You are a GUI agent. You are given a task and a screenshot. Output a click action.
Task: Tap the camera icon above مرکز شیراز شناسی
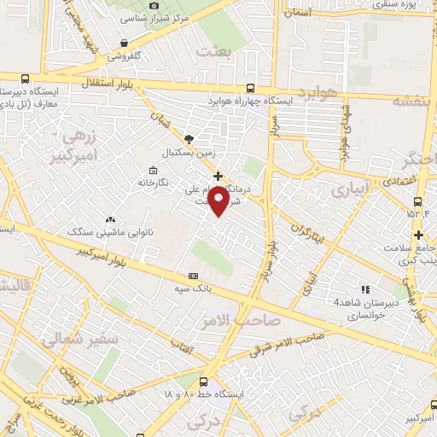pyautogui.click(x=154, y=5)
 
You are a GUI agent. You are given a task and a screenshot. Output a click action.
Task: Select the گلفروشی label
pyautogui.click(x=128, y=56)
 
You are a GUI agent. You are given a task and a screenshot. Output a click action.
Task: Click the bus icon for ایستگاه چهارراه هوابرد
pyautogui.click(x=249, y=87)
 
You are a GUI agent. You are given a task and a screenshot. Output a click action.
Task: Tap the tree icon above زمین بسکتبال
pyautogui.click(x=189, y=137)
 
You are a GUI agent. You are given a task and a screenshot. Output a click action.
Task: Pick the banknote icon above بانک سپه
pyautogui.click(x=194, y=276)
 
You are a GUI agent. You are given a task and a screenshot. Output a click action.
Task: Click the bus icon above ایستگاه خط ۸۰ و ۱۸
pyautogui.click(x=203, y=382)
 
